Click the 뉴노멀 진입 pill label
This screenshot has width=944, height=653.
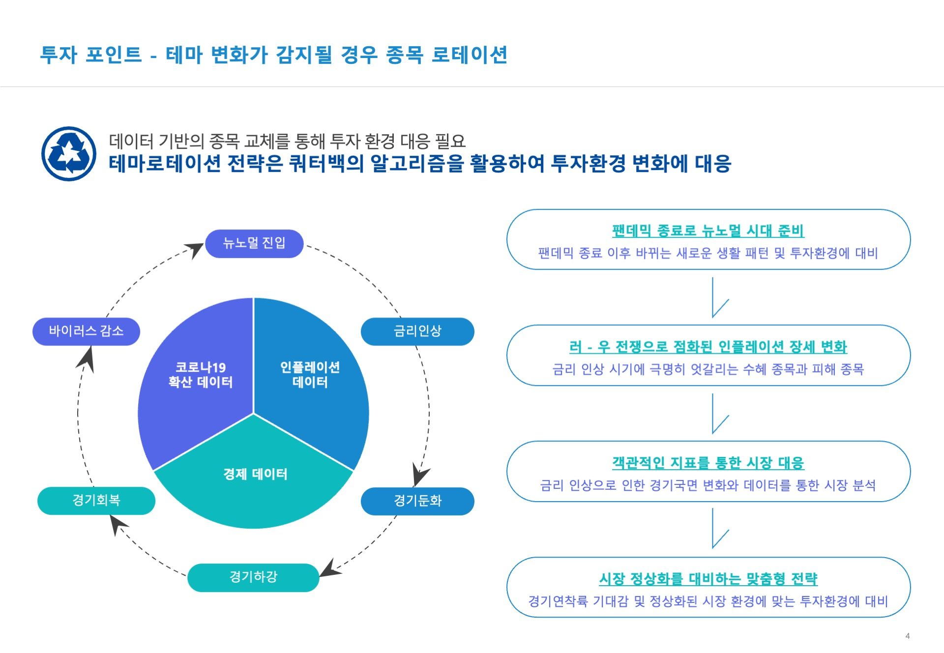pos(254,243)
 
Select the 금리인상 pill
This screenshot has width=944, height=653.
pos(417,331)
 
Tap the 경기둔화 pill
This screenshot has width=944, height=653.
pos(417,501)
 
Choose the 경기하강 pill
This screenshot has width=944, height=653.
pos(253,577)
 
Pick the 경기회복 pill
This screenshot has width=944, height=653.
pos(96,500)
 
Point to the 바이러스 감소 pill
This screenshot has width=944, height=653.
pos(86,331)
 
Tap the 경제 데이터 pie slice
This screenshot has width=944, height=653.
pos(254,482)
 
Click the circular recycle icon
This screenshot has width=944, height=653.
pos(69,154)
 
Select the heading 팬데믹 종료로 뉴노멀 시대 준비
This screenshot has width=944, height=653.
pos(708,230)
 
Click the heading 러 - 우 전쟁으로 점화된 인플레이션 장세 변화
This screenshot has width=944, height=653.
pos(708,347)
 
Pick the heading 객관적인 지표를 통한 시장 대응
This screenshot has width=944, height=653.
pos(708,463)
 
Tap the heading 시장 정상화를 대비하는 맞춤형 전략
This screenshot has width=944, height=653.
pos(708,579)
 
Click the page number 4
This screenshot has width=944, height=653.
pos(908,636)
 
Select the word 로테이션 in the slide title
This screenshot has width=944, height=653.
pos(470,55)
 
